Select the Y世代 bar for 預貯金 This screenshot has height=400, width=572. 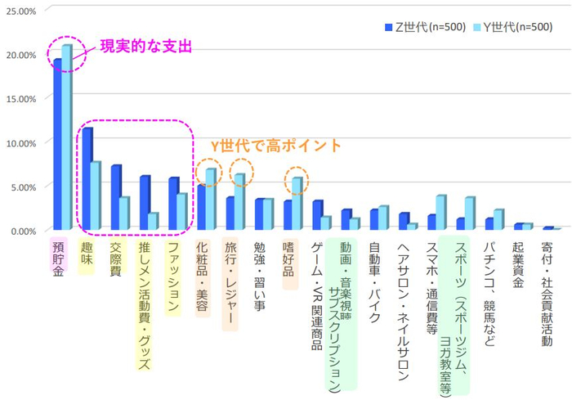pyautogui.click(x=67, y=139)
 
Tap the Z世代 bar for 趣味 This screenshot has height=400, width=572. pyautogui.click(x=87, y=179)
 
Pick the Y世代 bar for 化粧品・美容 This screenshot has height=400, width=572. pyautogui.click(x=210, y=200)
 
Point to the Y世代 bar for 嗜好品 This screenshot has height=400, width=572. pyautogui.click(x=297, y=204)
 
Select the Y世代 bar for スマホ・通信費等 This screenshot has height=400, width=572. pyautogui.click(x=440, y=213)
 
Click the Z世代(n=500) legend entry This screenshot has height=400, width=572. pyautogui.click(x=424, y=27)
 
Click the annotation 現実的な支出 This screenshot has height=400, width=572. pyautogui.click(x=145, y=47)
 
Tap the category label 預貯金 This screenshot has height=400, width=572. pyautogui.click(x=58, y=259)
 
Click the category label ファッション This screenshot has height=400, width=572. pyautogui.click(x=172, y=277)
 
